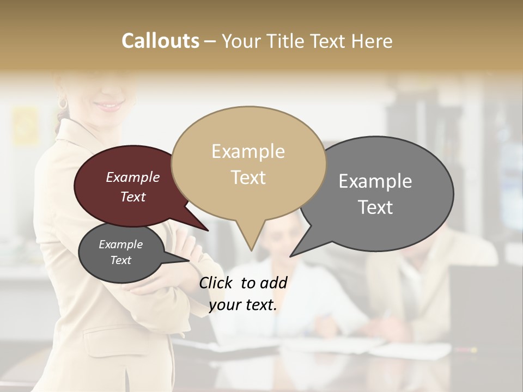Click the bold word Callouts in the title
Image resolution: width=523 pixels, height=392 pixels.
coord(160,41)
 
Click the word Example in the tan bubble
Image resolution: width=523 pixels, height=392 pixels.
coord(248,151)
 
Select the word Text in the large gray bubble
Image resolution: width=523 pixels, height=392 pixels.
coord(375,207)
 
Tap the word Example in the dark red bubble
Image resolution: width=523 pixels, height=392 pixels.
coord(133,177)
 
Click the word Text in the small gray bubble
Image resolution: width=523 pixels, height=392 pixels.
coord(121,260)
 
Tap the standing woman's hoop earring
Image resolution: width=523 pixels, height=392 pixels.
coord(63,103)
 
